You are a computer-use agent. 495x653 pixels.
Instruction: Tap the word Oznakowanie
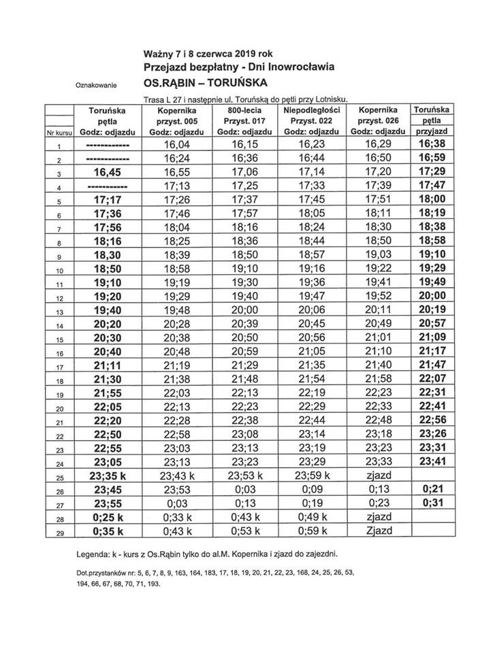pyautogui.click(x=95, y=86)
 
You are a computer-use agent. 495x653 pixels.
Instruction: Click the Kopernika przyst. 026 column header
pyautogui.click(x=377, y=119)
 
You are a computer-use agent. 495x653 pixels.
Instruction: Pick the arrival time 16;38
pyautogui.click(x=434, y=145)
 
